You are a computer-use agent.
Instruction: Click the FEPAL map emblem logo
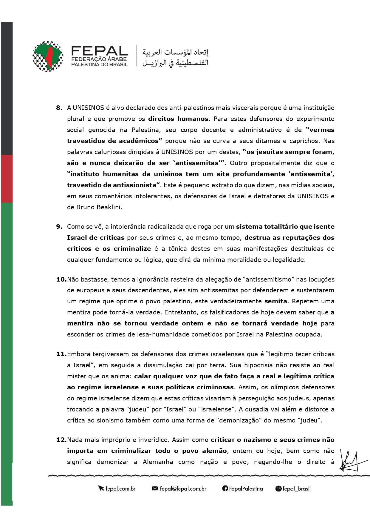point(48,56)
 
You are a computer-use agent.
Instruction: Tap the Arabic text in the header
point(175,57)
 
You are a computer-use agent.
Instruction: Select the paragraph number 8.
point(59,108)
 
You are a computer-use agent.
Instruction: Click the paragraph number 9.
point(59,227)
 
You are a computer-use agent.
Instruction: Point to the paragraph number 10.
point(61,279)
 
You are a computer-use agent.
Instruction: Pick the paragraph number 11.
point(61,354)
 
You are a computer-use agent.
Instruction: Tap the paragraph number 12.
point(61,440)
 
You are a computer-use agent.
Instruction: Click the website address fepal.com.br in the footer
point(120,489)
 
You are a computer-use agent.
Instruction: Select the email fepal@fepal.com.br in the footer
point(183,489)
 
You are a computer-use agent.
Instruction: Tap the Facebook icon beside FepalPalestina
point(225,489)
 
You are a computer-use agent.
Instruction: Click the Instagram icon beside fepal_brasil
point(278,489)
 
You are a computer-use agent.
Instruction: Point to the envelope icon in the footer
point(155,489)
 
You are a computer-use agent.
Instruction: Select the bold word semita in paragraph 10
point(275,301)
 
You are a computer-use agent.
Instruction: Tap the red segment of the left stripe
point(7,179)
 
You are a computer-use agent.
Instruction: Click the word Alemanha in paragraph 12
point(158,462)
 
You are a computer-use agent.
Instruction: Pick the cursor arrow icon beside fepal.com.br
point(101,489)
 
